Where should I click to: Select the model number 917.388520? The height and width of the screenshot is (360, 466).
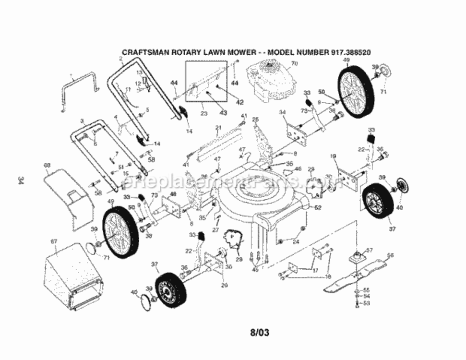coord(351,51)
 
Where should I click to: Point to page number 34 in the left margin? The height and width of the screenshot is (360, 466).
coord(21,180)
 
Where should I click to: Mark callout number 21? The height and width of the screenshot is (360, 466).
coord(217,127)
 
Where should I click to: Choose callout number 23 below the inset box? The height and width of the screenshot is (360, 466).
coord(203,114)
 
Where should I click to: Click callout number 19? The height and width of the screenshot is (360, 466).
coord(333,156)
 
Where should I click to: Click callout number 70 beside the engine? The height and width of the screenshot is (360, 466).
coord(294,63)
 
